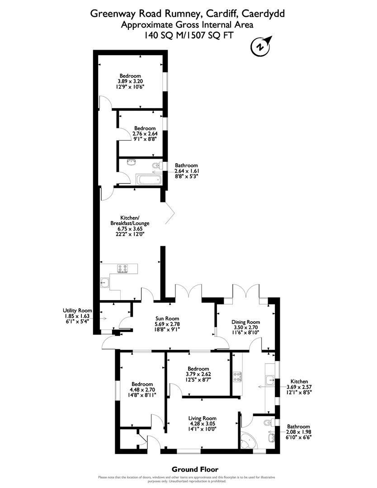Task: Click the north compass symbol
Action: click(x=259, y=46)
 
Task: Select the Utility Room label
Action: click(x=78, y=311)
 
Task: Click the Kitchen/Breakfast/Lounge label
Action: click(x=130, y=218)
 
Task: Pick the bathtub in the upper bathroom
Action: click(x=148, y=180)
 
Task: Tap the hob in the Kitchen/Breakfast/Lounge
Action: click(x=123, y=269)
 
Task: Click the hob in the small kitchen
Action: click(x=236, y=376)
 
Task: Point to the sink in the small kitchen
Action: click(x=270, y=378)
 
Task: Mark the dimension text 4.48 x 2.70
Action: click(x=142, y=389)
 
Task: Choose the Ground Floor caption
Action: click(x=195, y=469)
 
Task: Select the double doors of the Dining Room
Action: click(x=247, y=292)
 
